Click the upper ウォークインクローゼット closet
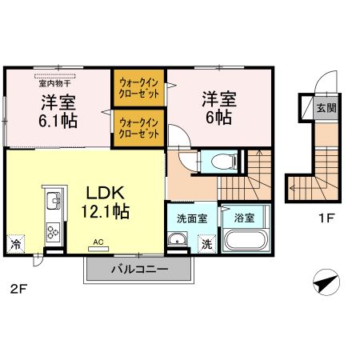point(140,87)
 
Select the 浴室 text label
point(244,216)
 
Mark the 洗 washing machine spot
point(206,244)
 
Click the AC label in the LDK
point(99,241)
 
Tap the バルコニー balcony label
point(138,270)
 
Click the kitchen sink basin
point(52,199)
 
